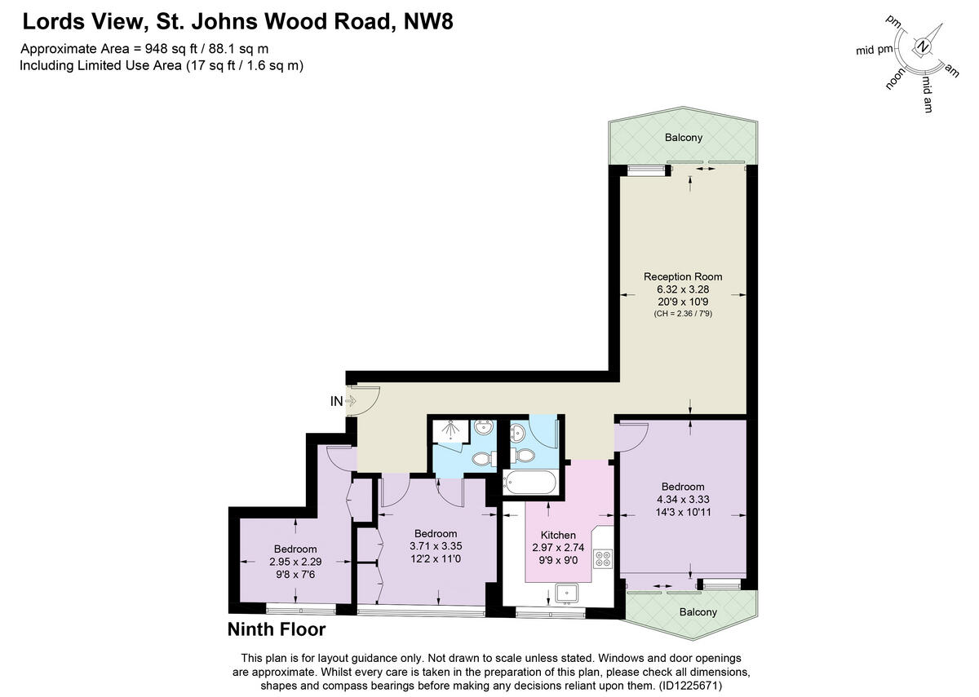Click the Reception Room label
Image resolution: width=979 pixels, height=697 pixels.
682,276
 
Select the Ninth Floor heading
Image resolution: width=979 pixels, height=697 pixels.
276,629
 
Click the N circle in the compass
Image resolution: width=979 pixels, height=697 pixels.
923,46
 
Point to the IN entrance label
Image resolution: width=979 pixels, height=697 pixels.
336,401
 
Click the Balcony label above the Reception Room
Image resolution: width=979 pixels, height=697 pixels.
683,137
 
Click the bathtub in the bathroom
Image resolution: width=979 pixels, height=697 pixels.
530,483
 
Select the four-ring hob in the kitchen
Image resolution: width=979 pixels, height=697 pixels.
604,559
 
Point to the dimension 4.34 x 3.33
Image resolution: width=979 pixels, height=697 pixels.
682,501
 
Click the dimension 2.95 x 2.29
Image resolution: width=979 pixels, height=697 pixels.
295,561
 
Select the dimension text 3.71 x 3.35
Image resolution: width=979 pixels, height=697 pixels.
435,546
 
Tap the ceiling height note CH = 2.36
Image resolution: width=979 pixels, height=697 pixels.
682,314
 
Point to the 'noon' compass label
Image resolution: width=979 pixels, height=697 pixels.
897,79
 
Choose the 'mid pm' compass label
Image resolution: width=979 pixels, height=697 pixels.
875,50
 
